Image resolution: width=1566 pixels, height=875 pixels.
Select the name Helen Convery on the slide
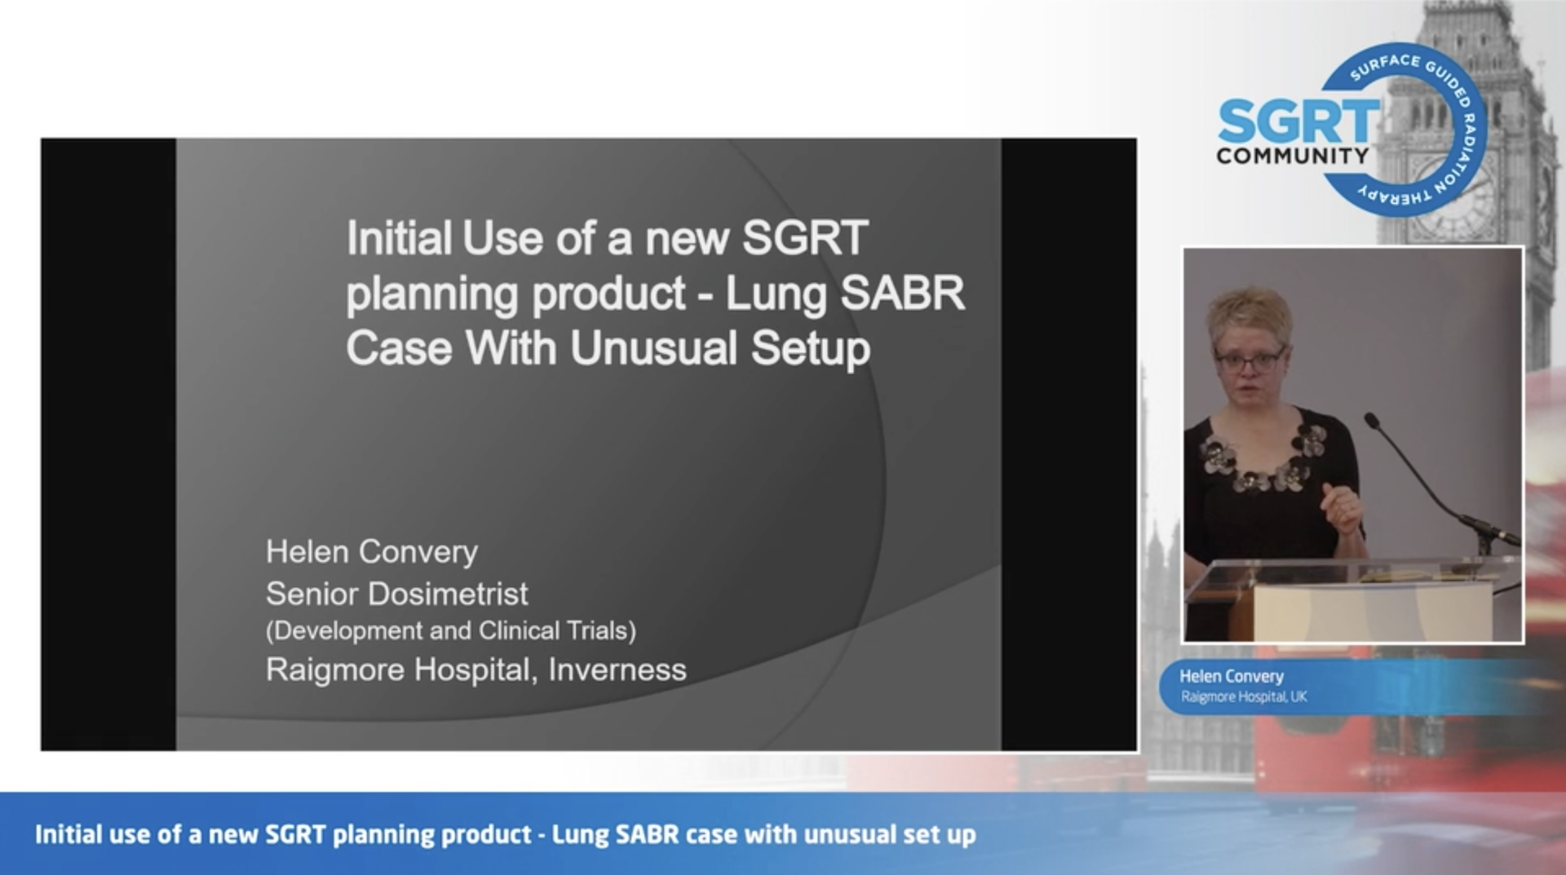coord(372,552)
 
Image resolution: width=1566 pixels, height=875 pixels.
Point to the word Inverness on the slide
coord(617,670)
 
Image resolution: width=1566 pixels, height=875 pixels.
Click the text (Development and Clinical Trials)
coord(451,630)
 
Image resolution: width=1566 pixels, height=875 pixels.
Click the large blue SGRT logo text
coord(1298,122)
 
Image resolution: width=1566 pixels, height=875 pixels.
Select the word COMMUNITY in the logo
coord(1293,156)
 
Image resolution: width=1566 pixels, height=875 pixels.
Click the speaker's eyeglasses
coord(1249,360)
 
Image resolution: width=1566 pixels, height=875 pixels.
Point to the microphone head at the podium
coord(1372,421)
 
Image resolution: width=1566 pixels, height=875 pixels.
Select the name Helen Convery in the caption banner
coord(1232,676)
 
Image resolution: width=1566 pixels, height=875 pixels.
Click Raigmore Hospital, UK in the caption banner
coord(1244,696)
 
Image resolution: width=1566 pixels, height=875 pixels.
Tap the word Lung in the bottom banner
coord(580,835)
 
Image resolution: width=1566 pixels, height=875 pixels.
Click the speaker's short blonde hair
coord(1250,314)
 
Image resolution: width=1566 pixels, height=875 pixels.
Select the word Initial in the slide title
coord(399,238)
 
